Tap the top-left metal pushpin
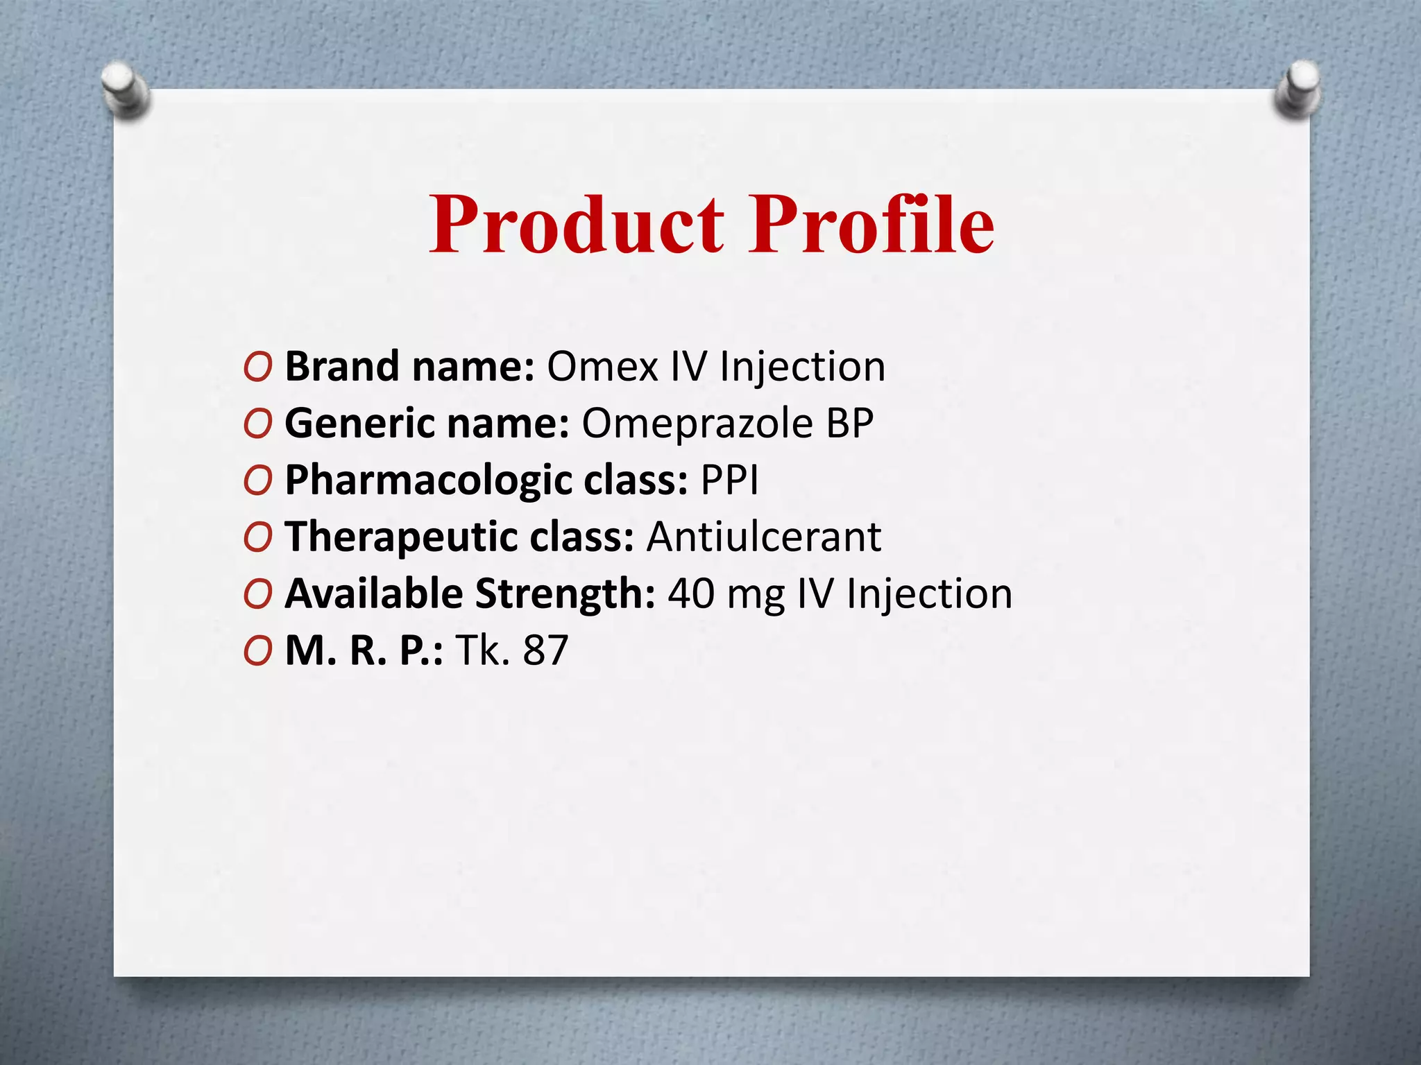pos(125,90)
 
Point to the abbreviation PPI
pos(730,480)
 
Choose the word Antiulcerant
pos(763,537)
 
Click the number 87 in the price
pos(546,650)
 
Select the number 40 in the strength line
pos(691,594)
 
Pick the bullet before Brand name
pos(257,367)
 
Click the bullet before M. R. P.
pos(257,652)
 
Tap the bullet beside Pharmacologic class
pos(257,481)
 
